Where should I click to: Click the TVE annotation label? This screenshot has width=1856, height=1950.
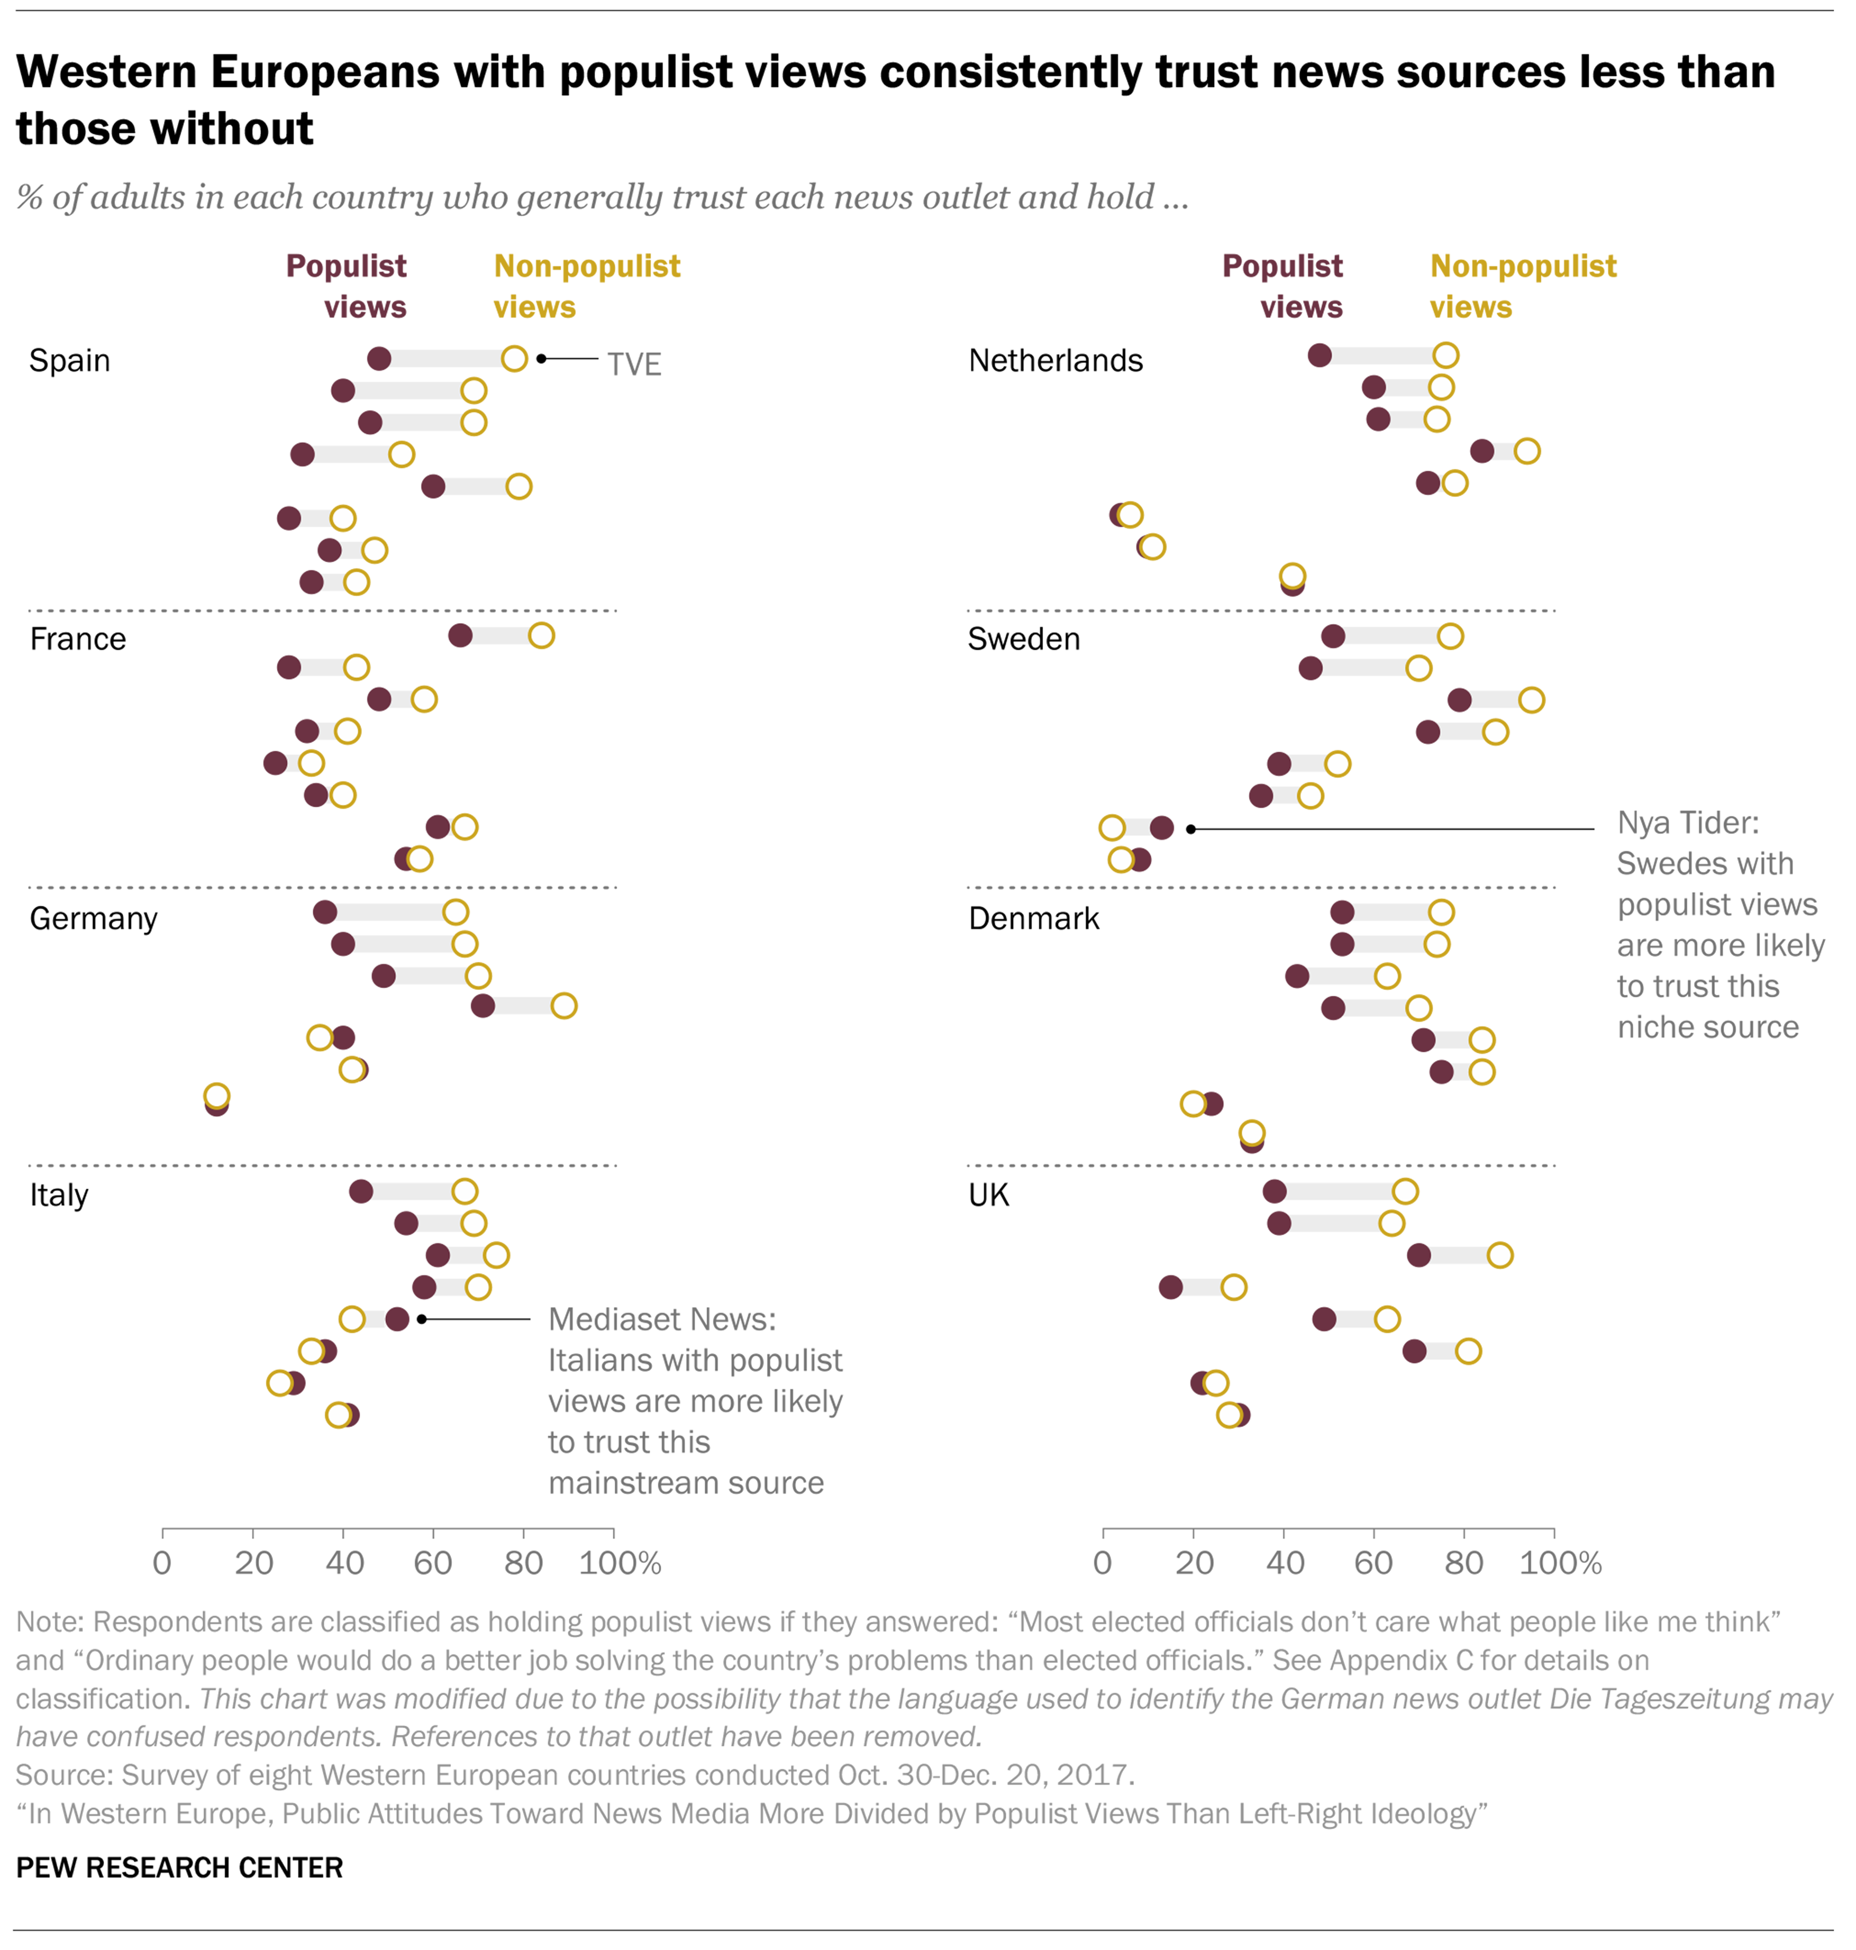click(633, 364)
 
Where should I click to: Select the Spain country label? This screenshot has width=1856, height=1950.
click(69, 360)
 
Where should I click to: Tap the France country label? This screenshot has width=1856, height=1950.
click(77, 639)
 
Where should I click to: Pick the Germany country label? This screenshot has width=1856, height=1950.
click(93, 918)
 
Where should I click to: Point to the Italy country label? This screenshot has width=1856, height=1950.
click(58, 1195)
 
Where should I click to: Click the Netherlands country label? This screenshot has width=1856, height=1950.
click(1055, 360)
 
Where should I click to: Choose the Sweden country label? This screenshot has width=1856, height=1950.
click(1023, 639)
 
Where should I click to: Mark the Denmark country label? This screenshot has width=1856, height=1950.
click(1033, 918)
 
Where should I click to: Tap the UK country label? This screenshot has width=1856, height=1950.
click(988, 1195)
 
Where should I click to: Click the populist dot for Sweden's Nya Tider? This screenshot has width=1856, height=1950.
click(1161, 827)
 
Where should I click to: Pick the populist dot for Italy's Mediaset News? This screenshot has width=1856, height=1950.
click(397, 1319)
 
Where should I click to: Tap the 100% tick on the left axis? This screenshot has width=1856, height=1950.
click(618, 1563)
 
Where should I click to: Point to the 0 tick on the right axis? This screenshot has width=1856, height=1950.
click(1102, 1563)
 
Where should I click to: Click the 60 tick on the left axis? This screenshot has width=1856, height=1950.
click(434, 1563)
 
